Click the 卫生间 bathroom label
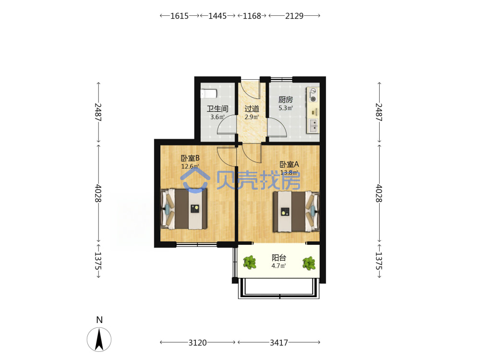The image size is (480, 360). pyautogui.click(x=217, y=108)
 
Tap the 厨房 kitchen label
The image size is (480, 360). pyautogui.click(x=286, y=99)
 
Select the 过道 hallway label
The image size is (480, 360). pyautogui.click(x=252, y=108)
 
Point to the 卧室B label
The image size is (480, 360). pyautogui.click(x=190, y=158)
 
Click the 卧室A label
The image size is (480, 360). pyautogui.click(x=289, y=164)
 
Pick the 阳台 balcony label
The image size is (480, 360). pyautogui.click(x=279, y=258)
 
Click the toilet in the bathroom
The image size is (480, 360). pyautogui.click(x=209, y=94)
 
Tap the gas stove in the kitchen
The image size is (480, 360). pyautogui.click(x=313, y=95)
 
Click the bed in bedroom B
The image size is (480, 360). pyautogui.click(x=184, y=209)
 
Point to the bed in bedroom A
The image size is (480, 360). pyautogui.click(x=296, y=212)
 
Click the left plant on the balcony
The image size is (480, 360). pyautogui.click(x=250, y=263)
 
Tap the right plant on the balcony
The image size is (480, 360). pyautogui.click(x=309, y=263)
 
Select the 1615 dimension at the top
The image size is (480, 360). pyautogui.click(x=180, y=16)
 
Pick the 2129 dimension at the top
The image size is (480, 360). pyautogui.click(x=294, y=16)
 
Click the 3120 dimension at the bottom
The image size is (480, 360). pyautogui.click(x=197, y=343)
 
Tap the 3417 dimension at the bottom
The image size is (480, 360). pyautogui.click(x=279, y=343)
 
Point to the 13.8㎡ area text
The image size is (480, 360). pyautogui.click(x=289, y=173)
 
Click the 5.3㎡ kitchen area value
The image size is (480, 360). pyautogui.click(x=286, y=108)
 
